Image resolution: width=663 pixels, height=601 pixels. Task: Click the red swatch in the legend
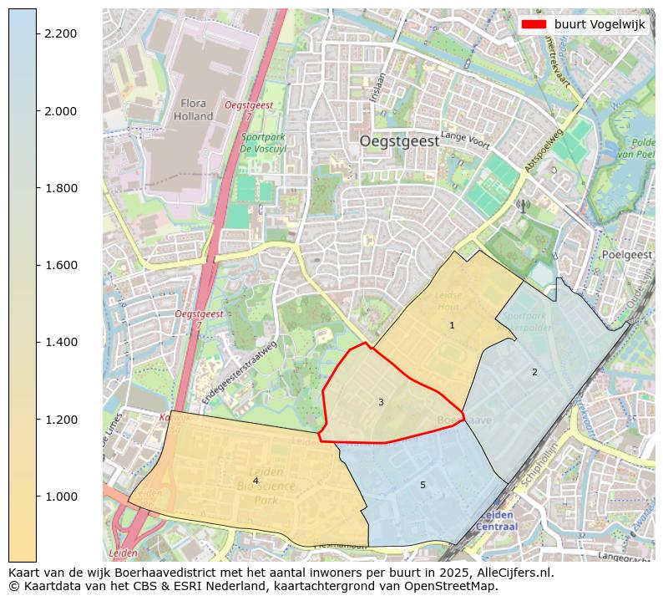tap(534, 24)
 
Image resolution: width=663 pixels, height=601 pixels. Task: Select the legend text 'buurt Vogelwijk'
tap(600, 25)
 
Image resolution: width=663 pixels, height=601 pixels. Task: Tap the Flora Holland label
tap(194, 110)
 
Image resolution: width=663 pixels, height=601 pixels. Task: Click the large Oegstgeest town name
tap(399, 142)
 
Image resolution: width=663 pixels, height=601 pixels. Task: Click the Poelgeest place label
tap(625, 255)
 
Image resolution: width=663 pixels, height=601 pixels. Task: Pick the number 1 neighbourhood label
tap(452, 325)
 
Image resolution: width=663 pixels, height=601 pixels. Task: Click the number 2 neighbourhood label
tap(534, 372)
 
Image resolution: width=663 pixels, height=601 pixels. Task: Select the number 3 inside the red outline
tap(381, 402)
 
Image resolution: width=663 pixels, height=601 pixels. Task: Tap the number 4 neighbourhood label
tap(256, 481)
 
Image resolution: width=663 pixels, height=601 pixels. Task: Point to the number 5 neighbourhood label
tap(423, 485)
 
